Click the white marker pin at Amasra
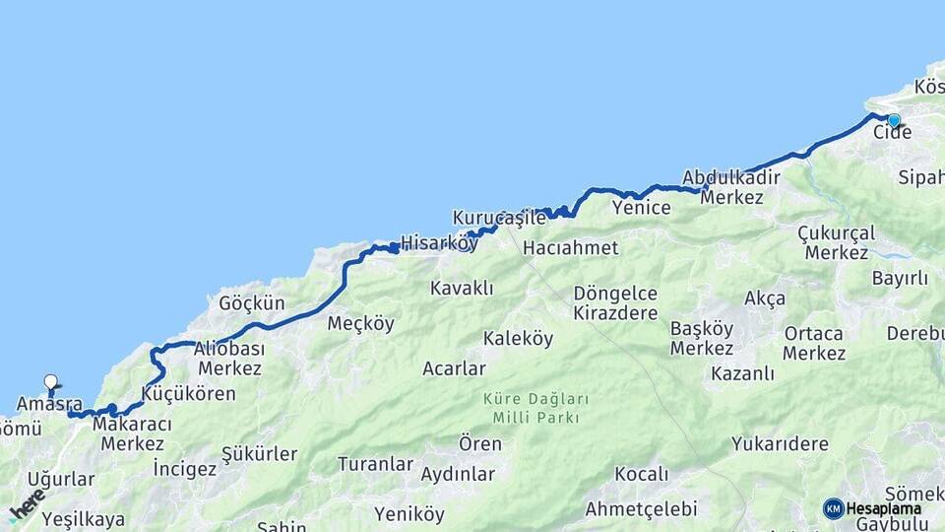(x=51, y=382)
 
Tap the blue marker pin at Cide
(x=893, y=121)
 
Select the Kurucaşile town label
(x=499, y=217)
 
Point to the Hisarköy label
(x=439, y=242)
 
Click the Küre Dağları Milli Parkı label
(x=535, y=408)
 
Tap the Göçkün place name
(x=251, y=303)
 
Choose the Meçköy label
(x=360, y=323)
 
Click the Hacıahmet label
(x=570, y=247)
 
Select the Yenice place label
(x=641, y=208)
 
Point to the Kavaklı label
(x=462, y=288)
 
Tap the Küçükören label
(x=189, y=394)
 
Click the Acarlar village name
(x=454, y=368)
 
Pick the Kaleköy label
(x=518, y=339)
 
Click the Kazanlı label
(x=741, y=373)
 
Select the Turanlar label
(x=375, y=463)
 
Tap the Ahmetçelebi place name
(x=641, y=509)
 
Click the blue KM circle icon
(x=833, y=508)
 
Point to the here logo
(x=27, y=505)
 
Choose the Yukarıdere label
(x=780, y=443)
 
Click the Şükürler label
(x=259, y=454)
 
